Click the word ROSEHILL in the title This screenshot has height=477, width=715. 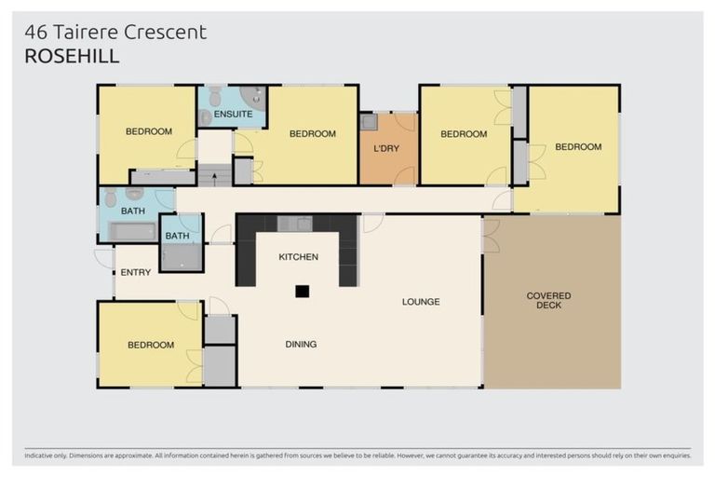tap(72, 56)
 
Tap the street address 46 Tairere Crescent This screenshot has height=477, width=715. tap(115, 33)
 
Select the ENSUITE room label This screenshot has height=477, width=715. tap(233, 114)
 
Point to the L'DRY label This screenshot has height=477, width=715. tap(386, 149)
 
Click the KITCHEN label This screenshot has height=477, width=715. tap(299, 256)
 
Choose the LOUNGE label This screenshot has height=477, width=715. tap(420, 302)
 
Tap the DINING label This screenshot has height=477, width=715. tap(301, 344)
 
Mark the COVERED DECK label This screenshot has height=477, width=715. tap(548, 300)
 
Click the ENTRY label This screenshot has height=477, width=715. tap(136, 272)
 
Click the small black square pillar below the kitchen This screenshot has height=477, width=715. tap(302, 291)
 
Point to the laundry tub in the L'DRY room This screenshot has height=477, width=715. tap(369, 122)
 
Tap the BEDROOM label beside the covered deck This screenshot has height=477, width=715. tap(578, 146)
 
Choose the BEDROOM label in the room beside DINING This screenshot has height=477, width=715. tap(150, 345)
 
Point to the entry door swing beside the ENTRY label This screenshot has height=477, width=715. tap(104, 258)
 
